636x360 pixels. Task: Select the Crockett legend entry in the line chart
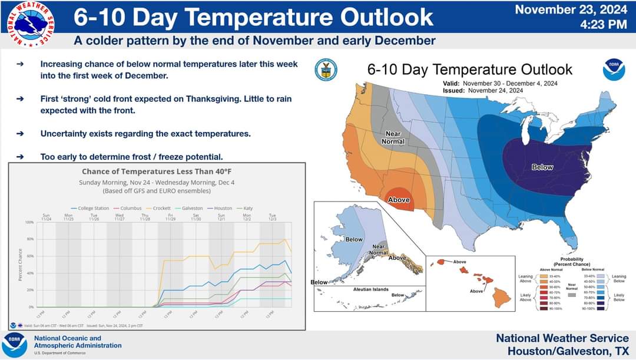(x=160, y=208)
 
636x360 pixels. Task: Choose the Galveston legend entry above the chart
(x=190, y=208)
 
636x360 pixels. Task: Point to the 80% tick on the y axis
(x=29, y=239)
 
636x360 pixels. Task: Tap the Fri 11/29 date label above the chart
(x=170, y=217)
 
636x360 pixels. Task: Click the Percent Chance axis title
(x=19, y=264)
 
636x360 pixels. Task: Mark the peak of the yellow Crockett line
(x=286, y=239)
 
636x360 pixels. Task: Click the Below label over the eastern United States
(x=542, y=167)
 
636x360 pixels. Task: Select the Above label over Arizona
(x=399, y=200)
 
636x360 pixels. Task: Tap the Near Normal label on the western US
(x=392, y=138)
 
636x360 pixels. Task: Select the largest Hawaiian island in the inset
(x=502, y=297)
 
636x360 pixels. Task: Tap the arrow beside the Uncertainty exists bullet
(x=21, y=134)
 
